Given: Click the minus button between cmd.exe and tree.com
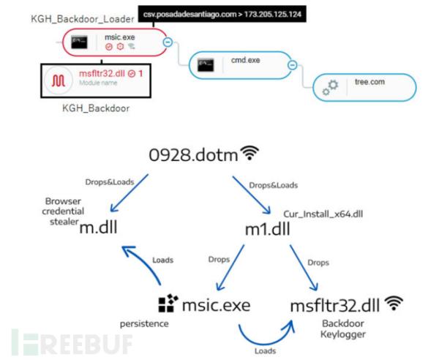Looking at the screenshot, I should click(x=292, y=65).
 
